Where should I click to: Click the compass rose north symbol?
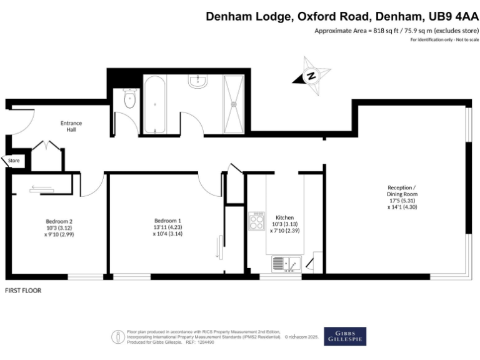tap(311, 76)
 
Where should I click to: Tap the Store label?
tap(14, 161)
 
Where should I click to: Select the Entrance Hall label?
tap(71, 127)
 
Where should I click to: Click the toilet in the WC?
tap(130, 100)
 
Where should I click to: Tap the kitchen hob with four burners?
tap(257, 221)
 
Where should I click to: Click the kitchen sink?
tap(287, 264)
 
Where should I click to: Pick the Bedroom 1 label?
tap(167, 221)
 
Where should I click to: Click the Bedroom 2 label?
tap(59, 221)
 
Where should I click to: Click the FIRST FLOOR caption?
tap(23, 291)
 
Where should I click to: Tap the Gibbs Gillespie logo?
tap(345, 336)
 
